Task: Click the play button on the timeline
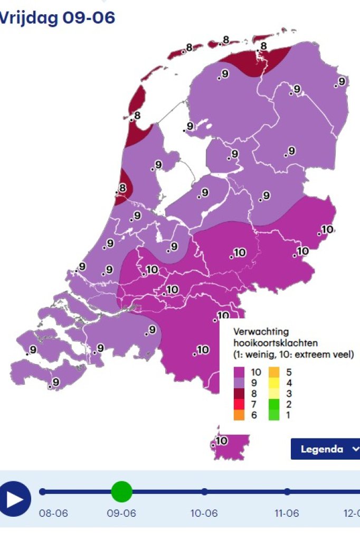[x=15, y=499]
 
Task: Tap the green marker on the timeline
[x=122, y=492]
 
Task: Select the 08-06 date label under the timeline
[x=53, y=514]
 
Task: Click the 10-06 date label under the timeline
[x=204, y=514]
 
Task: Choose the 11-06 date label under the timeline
[x=287, y=514]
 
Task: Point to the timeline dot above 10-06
[x=204, y=492]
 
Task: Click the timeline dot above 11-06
[x=287, y=492]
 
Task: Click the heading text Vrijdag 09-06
[x=57, y=17]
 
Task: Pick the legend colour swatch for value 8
[x=240, y=394]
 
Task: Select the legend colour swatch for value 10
[x=240, y=372]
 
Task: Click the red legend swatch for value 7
[x=240, y=405]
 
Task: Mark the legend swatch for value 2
[x=275, y=405]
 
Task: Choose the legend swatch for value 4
[x=275, y=383]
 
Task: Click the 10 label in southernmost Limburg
[x=221, y=441]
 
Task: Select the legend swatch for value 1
[x=275, y=415]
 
